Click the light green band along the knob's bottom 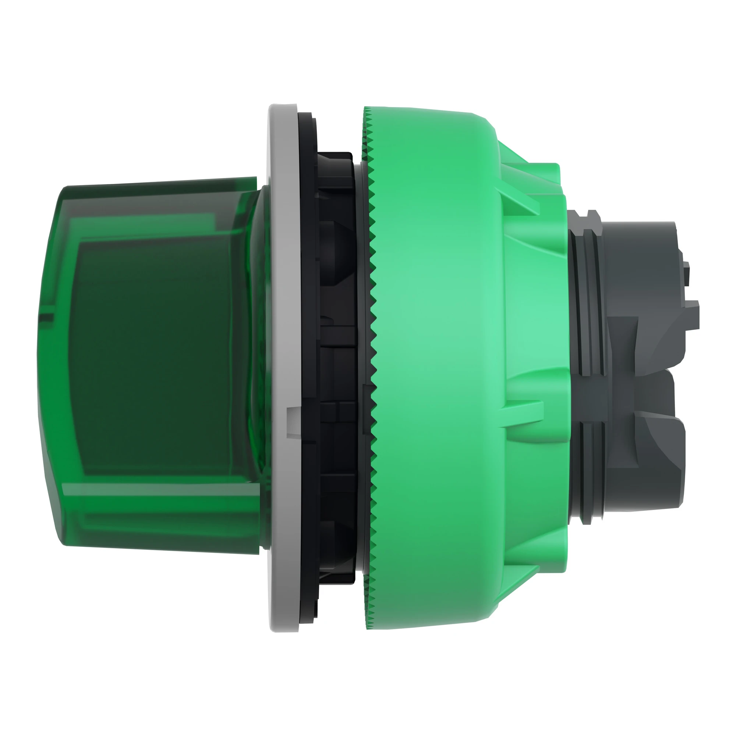click(x=160, y=495)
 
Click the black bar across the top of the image click(x=368, y=36)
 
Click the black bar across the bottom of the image click(x=368, y=699)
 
